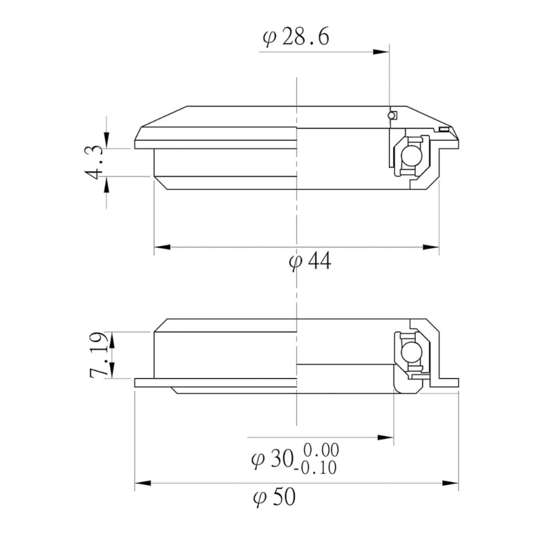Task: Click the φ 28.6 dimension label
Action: click(296, 37)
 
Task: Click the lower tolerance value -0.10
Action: click(318, 467)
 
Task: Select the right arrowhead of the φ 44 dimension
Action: click(433, 248)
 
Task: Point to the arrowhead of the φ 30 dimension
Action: click(388, 438)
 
